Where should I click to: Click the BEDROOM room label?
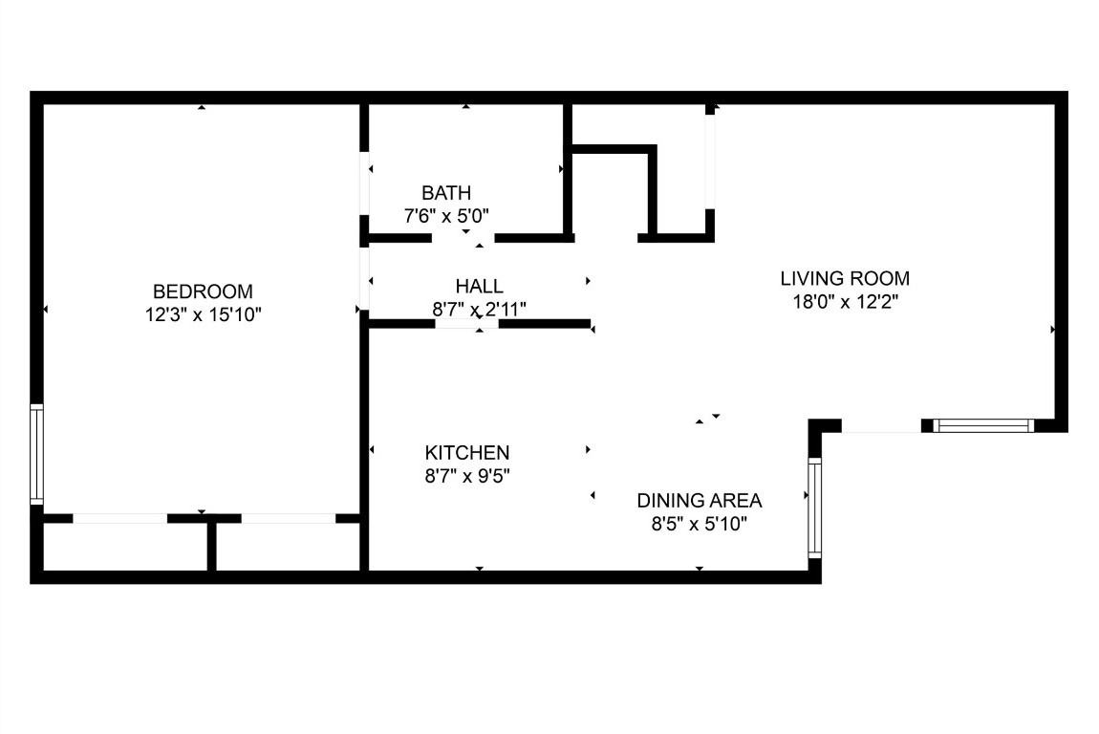[x=203, y=291]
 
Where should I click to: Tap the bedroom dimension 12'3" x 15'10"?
[x=203, y=313]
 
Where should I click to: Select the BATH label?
[x=446, y=193]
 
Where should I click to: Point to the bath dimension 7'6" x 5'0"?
[x=446, y=216]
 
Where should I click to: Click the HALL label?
[x=479, y=286]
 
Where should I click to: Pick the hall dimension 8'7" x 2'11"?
[x=479, y=308]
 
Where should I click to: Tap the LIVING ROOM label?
[x=845, y=279]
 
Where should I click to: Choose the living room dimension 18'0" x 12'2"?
[x=845, y=302]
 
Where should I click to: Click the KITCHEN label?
[x=467, y=453]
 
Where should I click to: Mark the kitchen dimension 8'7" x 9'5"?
[x=467, y=475]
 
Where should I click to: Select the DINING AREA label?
[x=700, y=500]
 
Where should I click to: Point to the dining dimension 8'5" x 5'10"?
[x=700, y=523]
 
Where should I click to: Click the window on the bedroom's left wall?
[x=36, y=454]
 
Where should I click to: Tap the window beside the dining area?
[x=814, y=508]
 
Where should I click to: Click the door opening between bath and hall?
[x=464, y=237]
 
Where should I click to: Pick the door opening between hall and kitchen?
[x=467, y=324]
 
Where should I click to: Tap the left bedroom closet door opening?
[x=120, y=518]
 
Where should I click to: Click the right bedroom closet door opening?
[x=289, y=518]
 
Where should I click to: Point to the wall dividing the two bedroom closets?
[x=211, y=547]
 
